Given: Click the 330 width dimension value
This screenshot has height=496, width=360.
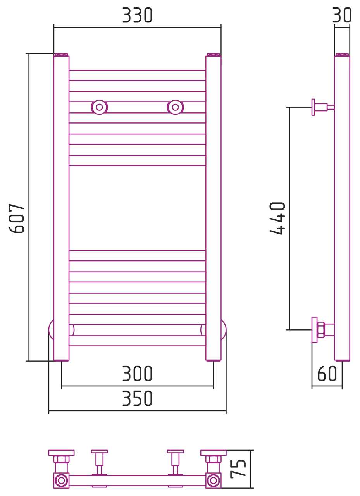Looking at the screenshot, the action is click(x=137, y=15).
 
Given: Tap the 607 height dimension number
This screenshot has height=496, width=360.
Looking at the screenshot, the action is click(x=16, y=218).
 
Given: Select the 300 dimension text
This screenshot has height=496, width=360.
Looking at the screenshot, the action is click(x=137, y=374).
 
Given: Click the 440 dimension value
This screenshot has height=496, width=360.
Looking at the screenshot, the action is click(x=277, y=218).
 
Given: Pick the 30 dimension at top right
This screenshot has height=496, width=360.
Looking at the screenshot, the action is click(x=342, y=15).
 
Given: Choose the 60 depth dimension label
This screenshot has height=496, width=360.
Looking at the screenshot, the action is click(x=327, y=374).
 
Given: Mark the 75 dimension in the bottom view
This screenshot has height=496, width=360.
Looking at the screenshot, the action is click(x=238, y=468).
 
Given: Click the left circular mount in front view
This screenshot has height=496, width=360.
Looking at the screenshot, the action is click(x=100, y=107).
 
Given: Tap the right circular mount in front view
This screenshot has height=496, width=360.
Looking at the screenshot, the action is click(x=176, y=107).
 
